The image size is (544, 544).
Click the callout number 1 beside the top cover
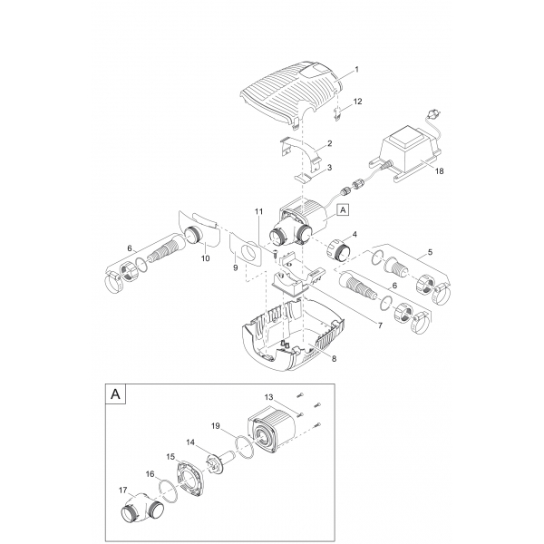click(357, 69)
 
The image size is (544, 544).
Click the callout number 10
click(204, 258)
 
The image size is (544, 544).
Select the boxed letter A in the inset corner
click(116, 394)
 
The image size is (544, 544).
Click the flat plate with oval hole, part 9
click(243, 248)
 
